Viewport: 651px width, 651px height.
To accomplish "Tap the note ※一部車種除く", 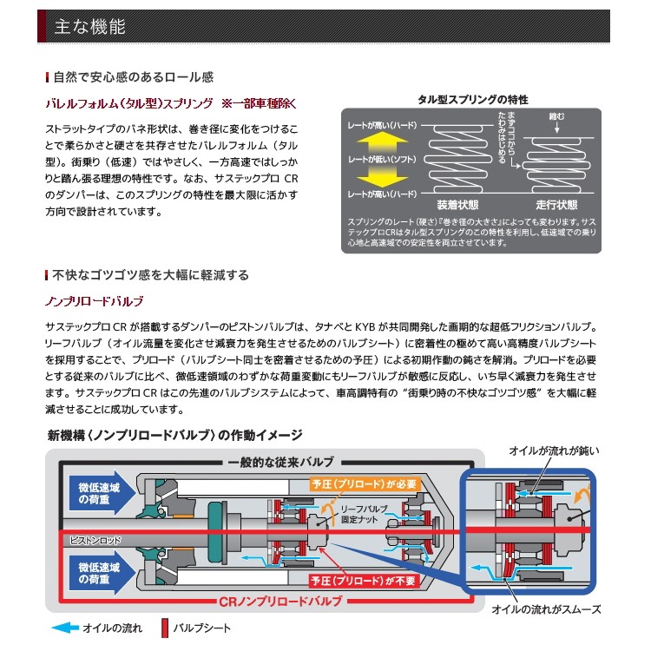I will pyautogui.click(x=260, y=103).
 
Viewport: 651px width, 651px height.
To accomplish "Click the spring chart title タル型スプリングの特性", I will pyautogui.click(x=472, y=100).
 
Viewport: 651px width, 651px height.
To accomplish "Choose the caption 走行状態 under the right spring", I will pyautogui.click(x=555, y=206).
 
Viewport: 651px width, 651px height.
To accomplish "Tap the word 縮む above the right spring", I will pyautogui.click(x=556, y=115).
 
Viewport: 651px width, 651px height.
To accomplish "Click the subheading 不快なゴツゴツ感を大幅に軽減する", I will pyautogui.click(x=150, y=275).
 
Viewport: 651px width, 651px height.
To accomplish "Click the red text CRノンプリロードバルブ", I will pyautogui.click(x=275, y=601).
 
